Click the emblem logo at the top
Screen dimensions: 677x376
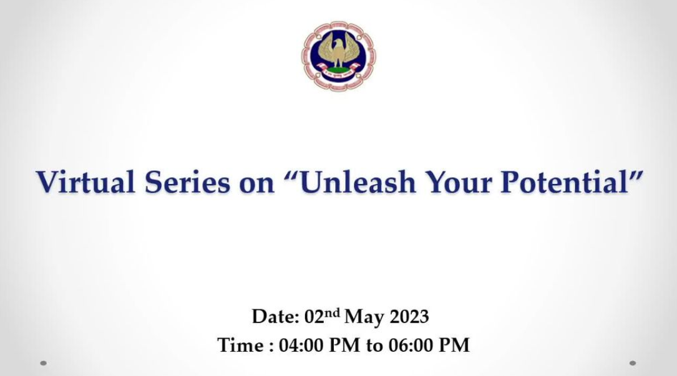pyautogui.click(x=338, y=56)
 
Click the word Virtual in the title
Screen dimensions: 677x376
pyautogui.click(x=85, y=181)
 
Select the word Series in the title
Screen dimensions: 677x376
pyautogui.click(x=187, y=181)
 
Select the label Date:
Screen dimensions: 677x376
pyautogui.click(x=275, y=316)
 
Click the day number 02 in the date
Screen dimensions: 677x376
pyautogui.click(x=314, y=317)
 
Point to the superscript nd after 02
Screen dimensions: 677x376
pyautogui.click(x=332, y=312)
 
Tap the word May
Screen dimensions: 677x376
pyautogui.click(x=364, y=317)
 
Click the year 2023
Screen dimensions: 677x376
pyautogui.click(x=409, y=317)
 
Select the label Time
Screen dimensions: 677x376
pyautogui.click(x=240, y=345)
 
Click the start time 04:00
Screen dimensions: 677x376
pyautogui.click(x=301, y=345)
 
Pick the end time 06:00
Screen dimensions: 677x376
pyautogui.click(x=411, y=345)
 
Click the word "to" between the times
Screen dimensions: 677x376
pyautogui.click(x=374, y=346)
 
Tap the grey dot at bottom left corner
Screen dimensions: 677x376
pyautogui.click(x=43, y=363)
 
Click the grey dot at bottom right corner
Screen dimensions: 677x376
pyautogui.click(x=633, y=363)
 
